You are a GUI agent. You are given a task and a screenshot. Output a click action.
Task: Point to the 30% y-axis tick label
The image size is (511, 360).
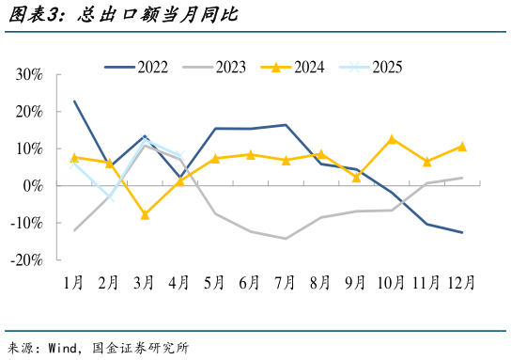click(29, 74)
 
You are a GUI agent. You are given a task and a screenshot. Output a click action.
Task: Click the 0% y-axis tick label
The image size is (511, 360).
click(33, 185)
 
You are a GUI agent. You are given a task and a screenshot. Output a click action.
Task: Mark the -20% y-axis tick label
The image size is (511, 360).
click(26, 259)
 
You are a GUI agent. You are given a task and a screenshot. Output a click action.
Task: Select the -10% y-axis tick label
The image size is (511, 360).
click(26, 223)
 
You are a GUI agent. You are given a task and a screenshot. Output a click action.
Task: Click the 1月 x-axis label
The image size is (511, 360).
click(74, 282)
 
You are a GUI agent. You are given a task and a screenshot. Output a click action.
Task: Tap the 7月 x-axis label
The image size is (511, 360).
click(286, 282)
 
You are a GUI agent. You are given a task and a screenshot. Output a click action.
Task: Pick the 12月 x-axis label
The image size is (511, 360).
click(461, 282)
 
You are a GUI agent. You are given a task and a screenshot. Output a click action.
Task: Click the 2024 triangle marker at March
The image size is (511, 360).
click(145, 215)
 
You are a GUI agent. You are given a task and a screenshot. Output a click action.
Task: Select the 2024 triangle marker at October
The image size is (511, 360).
click(392, 139)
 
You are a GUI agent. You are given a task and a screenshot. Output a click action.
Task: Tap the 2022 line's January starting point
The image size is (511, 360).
click(74, 102)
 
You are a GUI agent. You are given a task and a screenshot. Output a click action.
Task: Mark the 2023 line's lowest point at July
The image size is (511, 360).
click(286, 239)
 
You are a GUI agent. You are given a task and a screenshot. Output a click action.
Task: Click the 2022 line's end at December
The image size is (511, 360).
click(462, 232)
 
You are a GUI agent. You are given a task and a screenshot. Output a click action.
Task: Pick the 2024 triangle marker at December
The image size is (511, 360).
click(462, 147)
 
